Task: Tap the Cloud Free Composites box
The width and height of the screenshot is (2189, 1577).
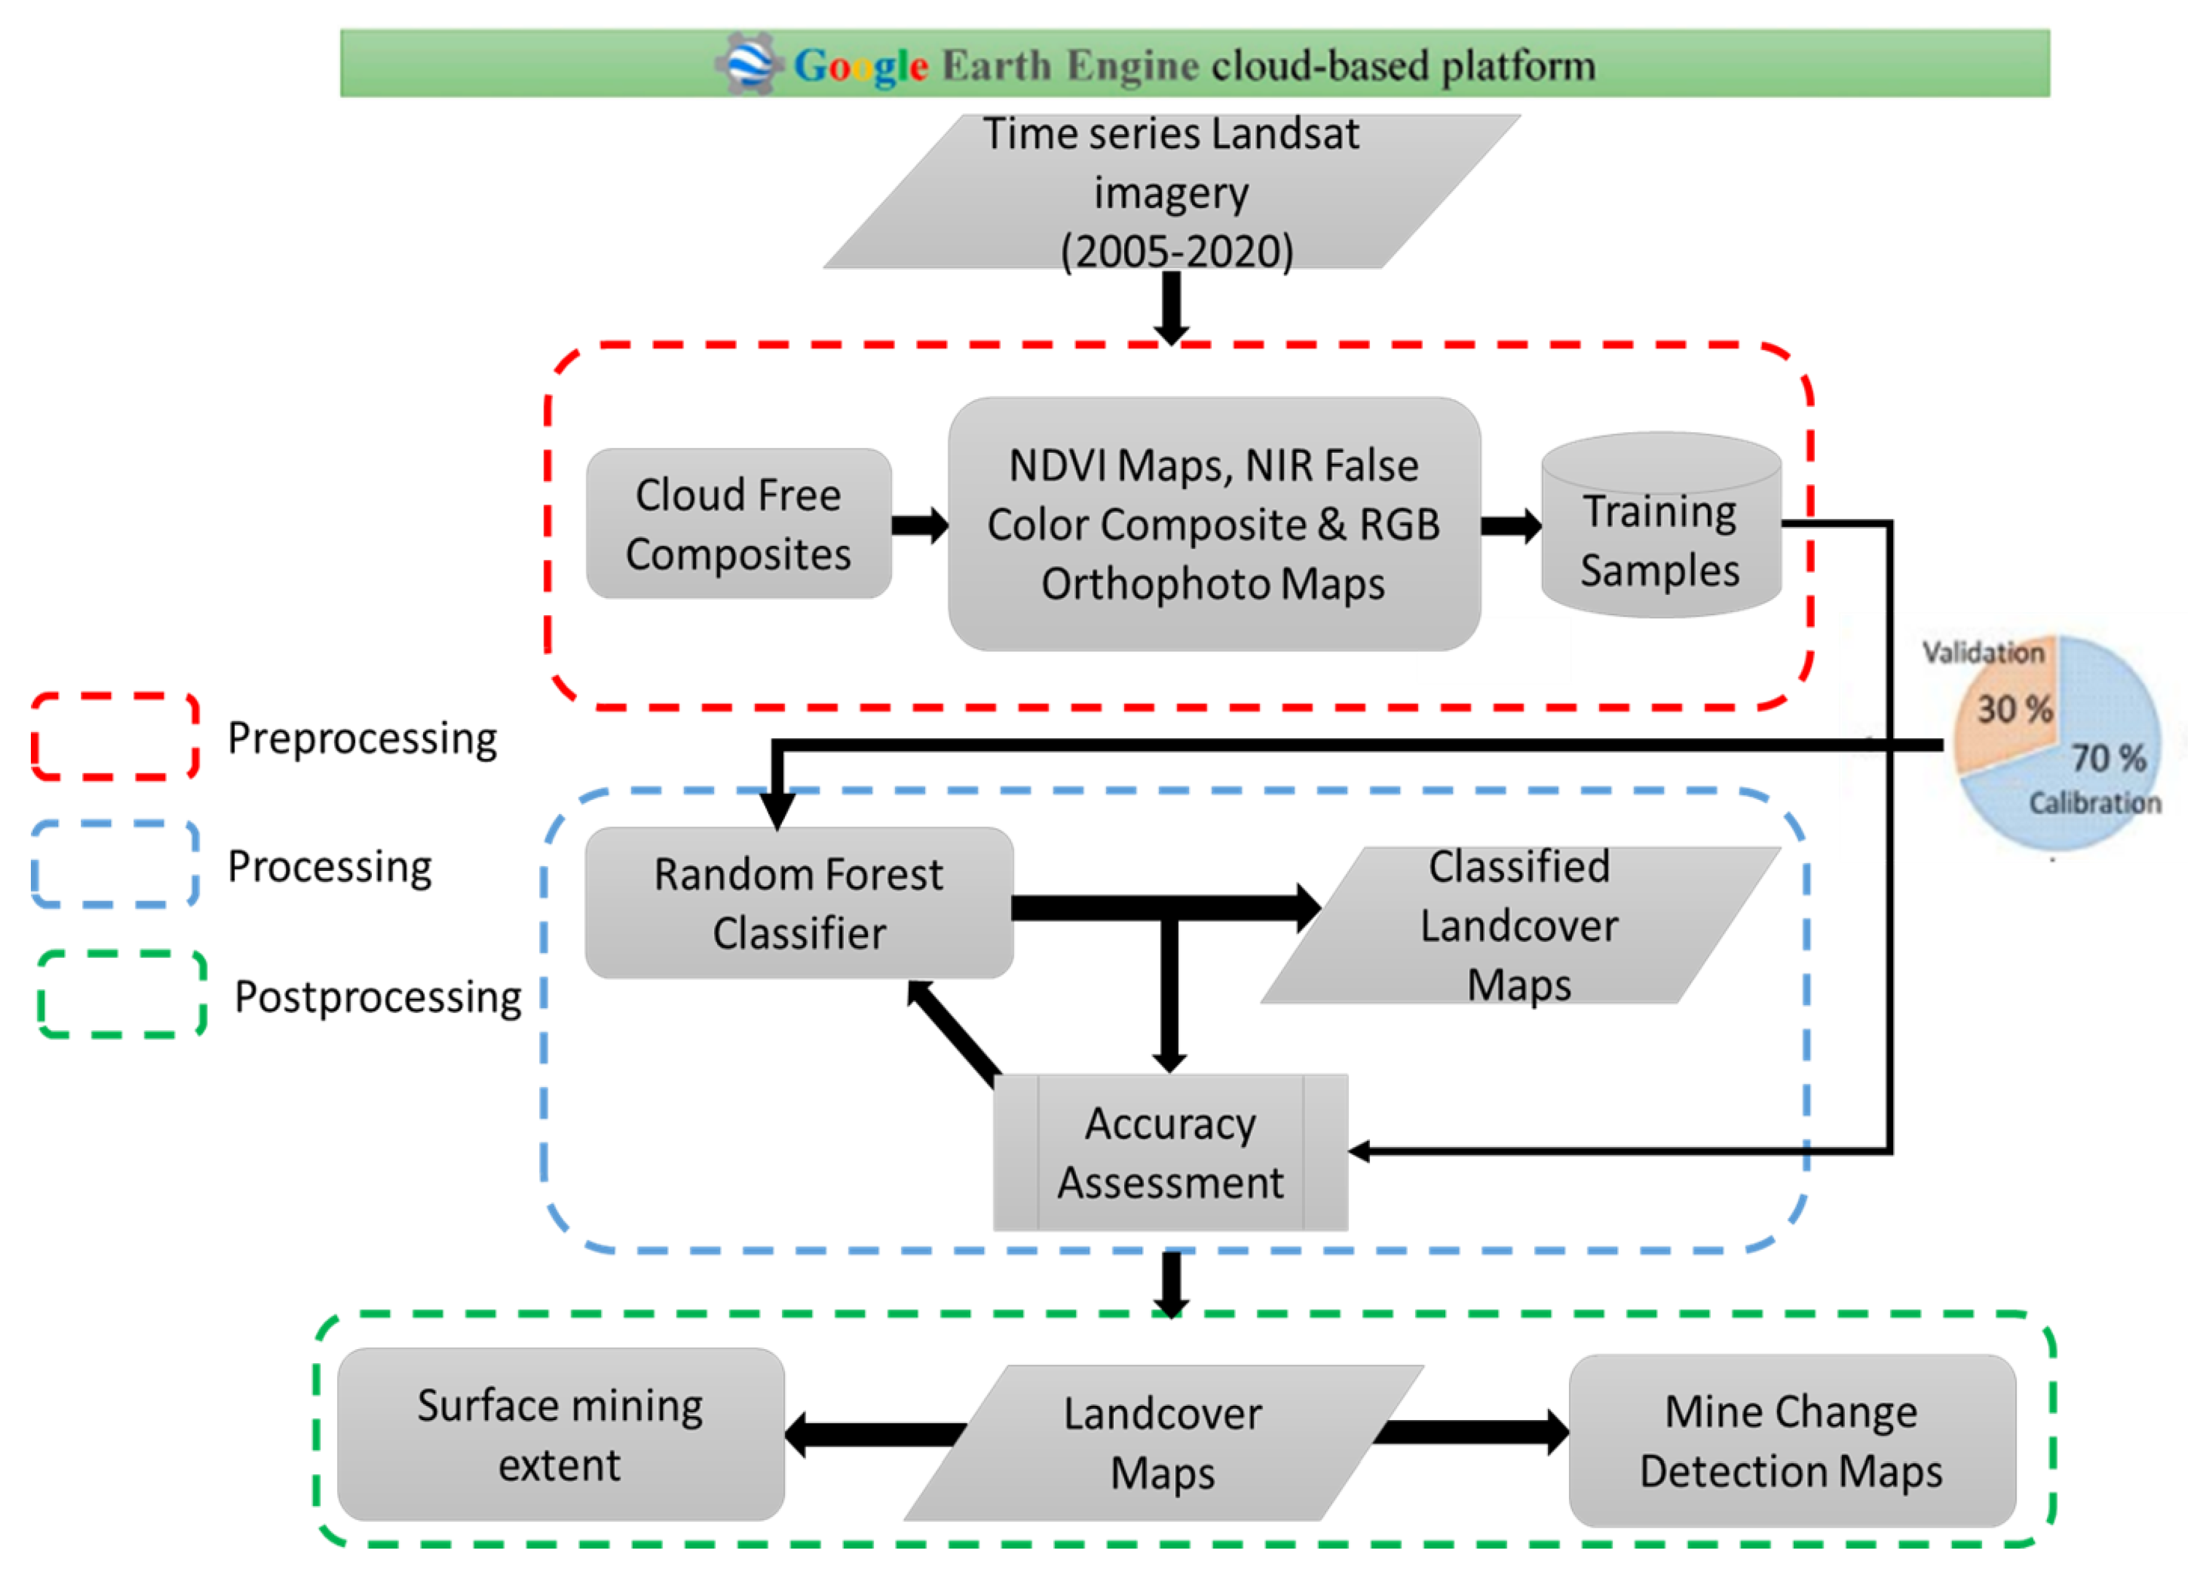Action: click(x=738, y=524)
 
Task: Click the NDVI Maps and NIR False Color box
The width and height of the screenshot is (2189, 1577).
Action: click(x=1214, y=524)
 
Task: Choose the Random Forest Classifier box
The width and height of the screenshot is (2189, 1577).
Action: click(x=799, y=903)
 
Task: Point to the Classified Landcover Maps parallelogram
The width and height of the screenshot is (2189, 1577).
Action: click(x=1520, y=925)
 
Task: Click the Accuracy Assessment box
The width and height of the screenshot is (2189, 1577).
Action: click(x=1170, y=1153)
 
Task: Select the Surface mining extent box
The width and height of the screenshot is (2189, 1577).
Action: click(x=561, y=1435)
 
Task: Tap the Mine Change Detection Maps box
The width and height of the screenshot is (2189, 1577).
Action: click(x=1792, y=1441)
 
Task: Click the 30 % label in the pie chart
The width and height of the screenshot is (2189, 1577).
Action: click(x=2014, y=709)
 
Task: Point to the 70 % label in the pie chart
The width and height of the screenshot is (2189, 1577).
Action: click(x=2109, y=758)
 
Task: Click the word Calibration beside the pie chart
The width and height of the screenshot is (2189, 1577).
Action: click(x=2095, y=803)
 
